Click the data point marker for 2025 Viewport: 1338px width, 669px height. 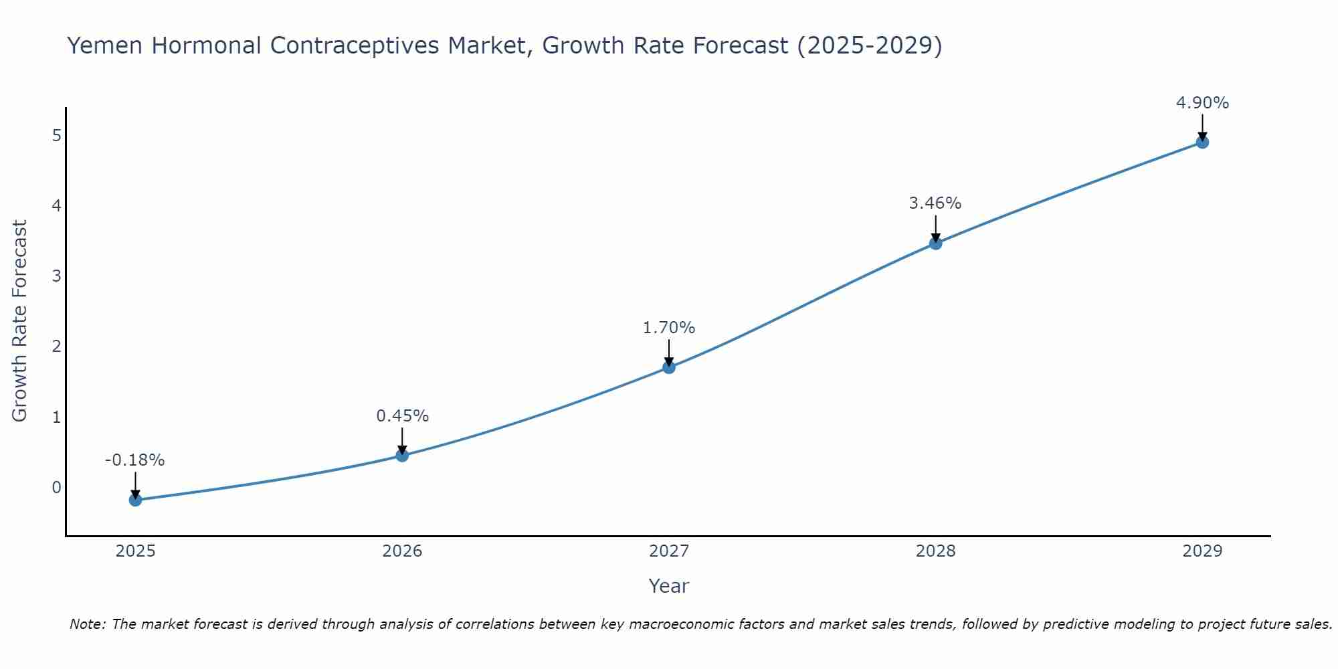[x=135, y=500]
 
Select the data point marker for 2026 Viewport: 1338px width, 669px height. [x=402, y=456]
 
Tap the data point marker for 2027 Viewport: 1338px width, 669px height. [x=669, y=367]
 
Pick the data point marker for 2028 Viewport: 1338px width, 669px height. [x=935, y=244]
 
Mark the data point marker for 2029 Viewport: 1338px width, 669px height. [x=1202, y=142]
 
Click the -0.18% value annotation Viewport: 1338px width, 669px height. [x=135, y=460]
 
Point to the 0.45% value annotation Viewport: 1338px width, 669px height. [x=402, y=416]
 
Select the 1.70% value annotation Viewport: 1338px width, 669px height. [x=669, y=328]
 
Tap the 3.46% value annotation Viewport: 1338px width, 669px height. [x=935, y=203]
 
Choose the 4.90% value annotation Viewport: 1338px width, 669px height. [x=1202, y=103]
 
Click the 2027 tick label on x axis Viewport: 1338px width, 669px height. [x=669, y=551]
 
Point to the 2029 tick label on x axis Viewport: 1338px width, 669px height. [x=1202, y=551]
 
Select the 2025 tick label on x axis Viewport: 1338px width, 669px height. [x=135, y=551]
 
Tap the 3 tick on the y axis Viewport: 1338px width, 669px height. [x=57, y=276]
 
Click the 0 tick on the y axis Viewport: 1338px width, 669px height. [x=57, y=487]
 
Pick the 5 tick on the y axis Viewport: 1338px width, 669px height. [x=57, y=135]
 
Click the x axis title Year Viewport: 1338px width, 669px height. [x=669, y=586]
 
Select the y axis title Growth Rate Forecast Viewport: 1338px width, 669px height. [x=20, y=321]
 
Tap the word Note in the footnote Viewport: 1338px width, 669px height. [x=86, y=624]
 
